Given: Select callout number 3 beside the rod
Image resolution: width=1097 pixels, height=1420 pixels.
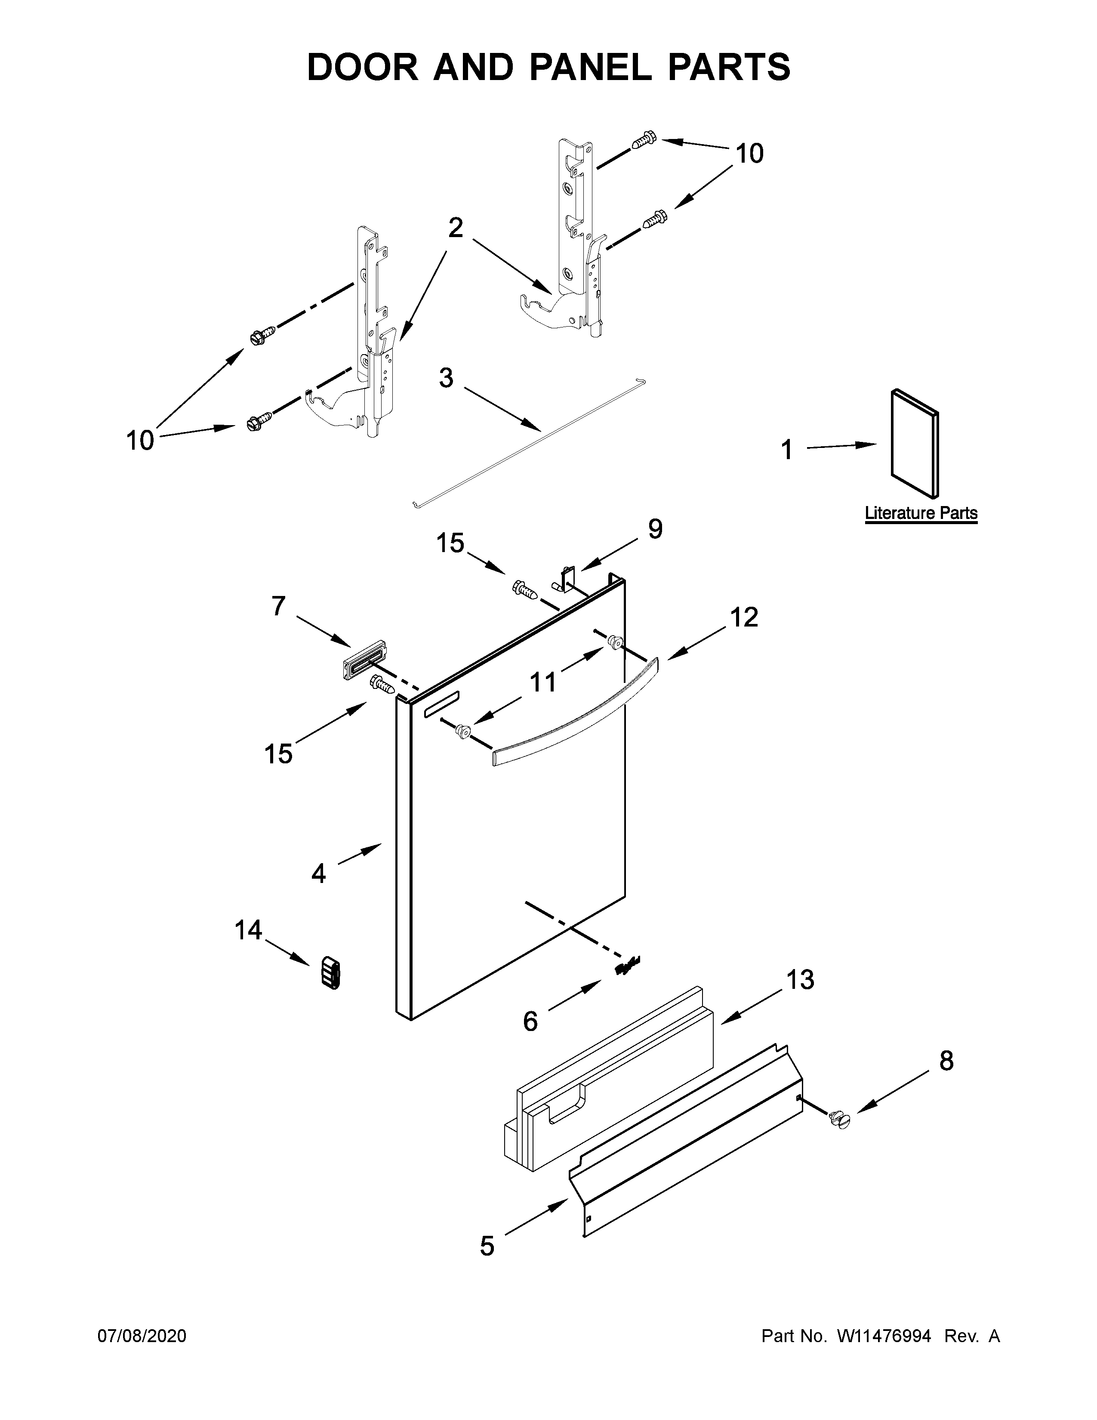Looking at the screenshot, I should tap(446, 378).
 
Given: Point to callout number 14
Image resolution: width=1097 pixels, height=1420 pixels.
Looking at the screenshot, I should tap(248, 930).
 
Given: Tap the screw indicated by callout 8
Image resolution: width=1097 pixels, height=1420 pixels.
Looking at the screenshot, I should tap(839, 1119).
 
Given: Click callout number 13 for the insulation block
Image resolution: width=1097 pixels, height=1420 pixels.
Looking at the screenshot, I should tap(800, 979).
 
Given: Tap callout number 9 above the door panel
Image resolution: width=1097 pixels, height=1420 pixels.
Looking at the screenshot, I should tap(655, 529).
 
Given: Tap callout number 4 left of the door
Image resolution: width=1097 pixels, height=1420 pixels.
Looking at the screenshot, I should tap(318, 873).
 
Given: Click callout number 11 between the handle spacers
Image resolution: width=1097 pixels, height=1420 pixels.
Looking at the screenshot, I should tap(543, 682).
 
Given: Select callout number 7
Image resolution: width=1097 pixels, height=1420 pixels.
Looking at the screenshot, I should tap(278, 606).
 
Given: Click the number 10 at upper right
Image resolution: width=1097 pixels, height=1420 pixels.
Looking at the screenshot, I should tap(749, 154).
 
